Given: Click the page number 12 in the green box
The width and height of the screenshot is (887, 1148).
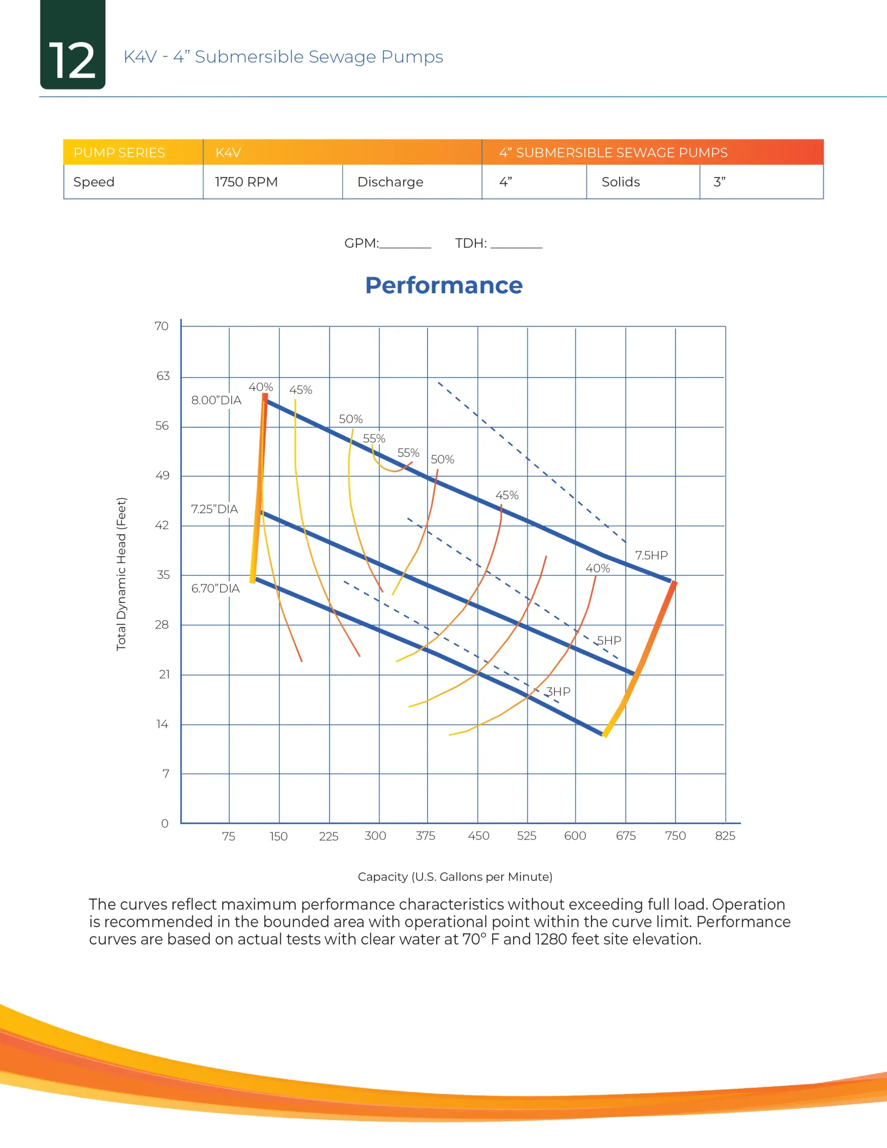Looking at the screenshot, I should coord(73,61).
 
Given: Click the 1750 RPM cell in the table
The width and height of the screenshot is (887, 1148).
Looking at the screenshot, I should coord(246,182).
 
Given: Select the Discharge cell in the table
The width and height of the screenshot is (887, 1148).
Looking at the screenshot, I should coord(390,182).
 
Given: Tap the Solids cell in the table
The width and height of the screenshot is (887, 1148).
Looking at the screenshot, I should coord(621,182).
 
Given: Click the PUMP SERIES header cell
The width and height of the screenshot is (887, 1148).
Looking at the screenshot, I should coord(119,152).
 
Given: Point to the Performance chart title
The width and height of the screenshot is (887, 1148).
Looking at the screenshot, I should coord(444,285).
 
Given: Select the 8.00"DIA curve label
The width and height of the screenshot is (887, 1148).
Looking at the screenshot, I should coord(216,400).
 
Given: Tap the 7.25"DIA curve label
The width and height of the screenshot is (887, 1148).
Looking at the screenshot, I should coord(214,509).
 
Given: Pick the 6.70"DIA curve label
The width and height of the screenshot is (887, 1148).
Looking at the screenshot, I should coord(215,588).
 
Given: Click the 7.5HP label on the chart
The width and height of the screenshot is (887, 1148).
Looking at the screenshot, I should coord(651,555).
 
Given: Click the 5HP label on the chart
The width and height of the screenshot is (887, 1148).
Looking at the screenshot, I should coord(609,640).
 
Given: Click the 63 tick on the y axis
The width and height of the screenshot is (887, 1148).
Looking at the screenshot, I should coord(163,376).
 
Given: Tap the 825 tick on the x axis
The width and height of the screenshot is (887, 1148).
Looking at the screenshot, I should coord(725,836).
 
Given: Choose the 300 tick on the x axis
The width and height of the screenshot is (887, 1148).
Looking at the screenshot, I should coord(375,836).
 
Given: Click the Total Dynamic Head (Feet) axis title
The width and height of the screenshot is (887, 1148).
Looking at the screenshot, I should coord(121,574).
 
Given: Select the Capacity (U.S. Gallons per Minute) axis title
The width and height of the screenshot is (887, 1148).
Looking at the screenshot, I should coord(455,876).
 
